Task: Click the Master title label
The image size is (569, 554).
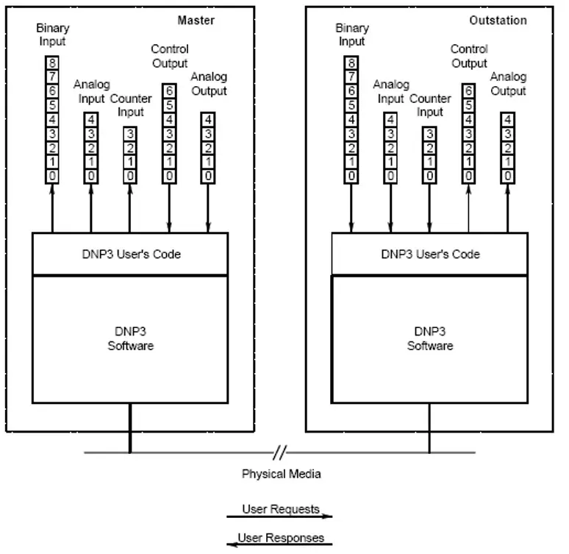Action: [x=196, y=20]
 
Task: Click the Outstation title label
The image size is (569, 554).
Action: [x=498, y=20]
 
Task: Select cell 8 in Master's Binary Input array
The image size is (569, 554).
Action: [x=51, y=63]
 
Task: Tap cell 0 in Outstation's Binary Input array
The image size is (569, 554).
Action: [x=351, y=176]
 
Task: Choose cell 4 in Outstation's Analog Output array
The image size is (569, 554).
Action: [x=508, y=119]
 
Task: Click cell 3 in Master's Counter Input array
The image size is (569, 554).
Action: [x=130, y=133]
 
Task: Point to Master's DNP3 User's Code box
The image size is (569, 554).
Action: [x=129, y=254]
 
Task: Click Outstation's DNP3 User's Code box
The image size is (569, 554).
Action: [x=430, y=254]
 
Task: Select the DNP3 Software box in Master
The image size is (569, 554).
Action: [x=129, y=339]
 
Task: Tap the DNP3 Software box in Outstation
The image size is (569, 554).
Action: [x=430, y=339]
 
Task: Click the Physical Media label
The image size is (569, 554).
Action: [x=281, y=474]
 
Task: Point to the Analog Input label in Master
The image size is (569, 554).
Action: [x=91, y=91]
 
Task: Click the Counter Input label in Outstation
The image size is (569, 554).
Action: [x=430, y=105]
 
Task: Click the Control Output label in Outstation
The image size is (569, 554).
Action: [x=469, y=56]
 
